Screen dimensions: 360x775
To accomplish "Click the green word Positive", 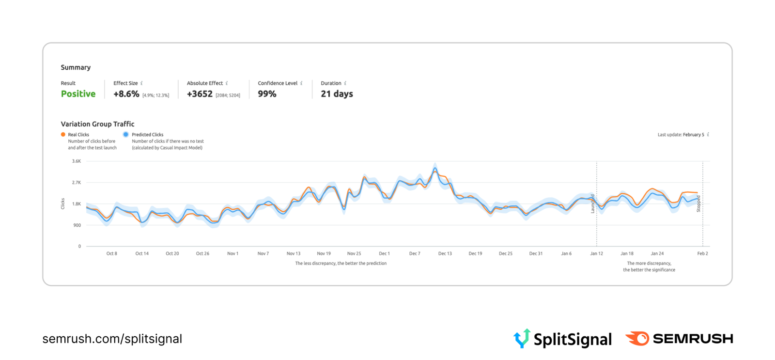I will pyautogui.click(x=78, y=94).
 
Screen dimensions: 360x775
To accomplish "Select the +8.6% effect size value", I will pyautogui.click(x=126, y=94).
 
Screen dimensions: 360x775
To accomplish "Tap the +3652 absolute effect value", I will pyautogui.click(x=200, y=94).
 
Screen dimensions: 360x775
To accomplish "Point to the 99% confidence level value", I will pyautogui.click(x=267, y=94).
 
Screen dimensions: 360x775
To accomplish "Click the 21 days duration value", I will pyautogui.click(x=337, y=94).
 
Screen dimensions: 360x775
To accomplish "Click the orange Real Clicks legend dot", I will pyautogui.click(x=63, y=135).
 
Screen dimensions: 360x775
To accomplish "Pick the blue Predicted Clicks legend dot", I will pyautogui.click(x=126, y=135).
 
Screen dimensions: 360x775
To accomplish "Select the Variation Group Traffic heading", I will pyautogui.click(x=97, y=124).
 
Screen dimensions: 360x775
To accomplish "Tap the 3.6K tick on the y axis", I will pyautogui.click(x=77, y=161).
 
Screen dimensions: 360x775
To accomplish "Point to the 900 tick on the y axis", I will pyautogui.click(x=77, y=225).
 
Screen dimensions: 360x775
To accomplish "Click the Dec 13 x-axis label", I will pyautogui.click(x=445, y=253).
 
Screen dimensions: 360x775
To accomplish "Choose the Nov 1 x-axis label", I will pyautogui.click(x=232, y=253).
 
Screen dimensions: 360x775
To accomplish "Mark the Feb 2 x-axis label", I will pyautogui.click(x=702, y=253).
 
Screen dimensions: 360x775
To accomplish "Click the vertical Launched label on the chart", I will pyautogui.click(x=592, y=203).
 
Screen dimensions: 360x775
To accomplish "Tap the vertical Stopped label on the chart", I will pyautogui.click(x=698, y=203).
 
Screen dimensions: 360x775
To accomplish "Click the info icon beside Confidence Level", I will pyautogui.click(x=301, y=83).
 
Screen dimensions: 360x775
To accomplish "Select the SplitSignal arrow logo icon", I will pyautogui.click(x=522, y=338).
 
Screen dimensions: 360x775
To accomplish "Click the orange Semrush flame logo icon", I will pyautogui.click(x=637, y=338).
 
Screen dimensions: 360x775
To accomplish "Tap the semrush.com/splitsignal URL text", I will pyautogui.click(x=112, y=339).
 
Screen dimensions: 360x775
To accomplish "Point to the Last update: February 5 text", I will pyautogui.click(x=681, y=135).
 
